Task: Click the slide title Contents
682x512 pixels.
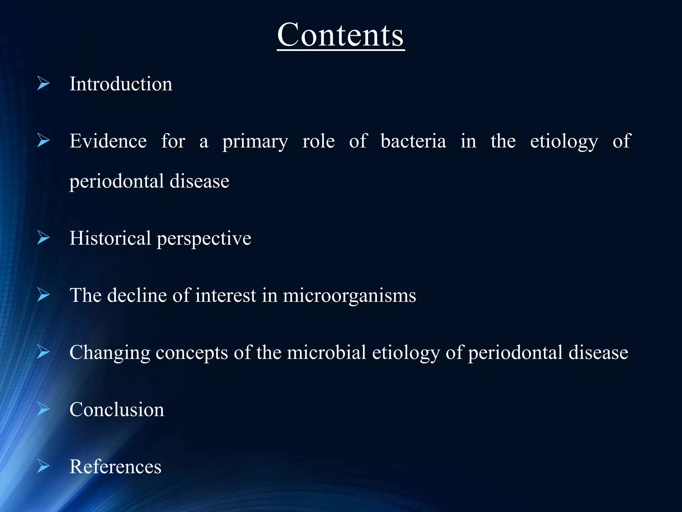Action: [x=341, y=35]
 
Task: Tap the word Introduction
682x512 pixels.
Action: [x=121, y=84]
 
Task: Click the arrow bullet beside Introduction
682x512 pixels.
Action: [x=43, y=83]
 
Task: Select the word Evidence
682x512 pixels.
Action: [x=108, y=141]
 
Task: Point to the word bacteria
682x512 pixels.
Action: [x=413, y=141]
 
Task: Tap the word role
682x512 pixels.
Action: [x=318, y=141]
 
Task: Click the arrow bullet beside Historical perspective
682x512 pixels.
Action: [x=43, y=238]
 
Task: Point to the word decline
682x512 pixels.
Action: [x=137, y=295]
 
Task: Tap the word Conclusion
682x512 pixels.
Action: [x=117, y=410]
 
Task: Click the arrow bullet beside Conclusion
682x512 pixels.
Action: [x=43, y=409]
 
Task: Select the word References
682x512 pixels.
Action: [x=115, y=467]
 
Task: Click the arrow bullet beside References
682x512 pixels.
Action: [x=43, y=466]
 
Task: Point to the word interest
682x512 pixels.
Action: [x=225, y=295]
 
